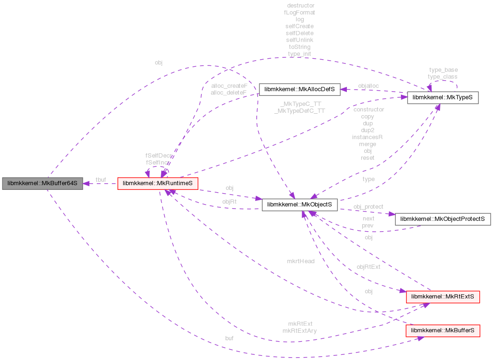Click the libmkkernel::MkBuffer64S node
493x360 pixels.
(42, 183)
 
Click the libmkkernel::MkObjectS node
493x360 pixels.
(300, 205)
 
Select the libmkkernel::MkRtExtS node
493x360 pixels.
(442, 297)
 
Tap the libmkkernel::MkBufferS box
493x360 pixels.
(442, 331)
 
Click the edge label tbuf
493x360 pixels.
(101, 179)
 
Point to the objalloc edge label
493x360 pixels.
(368, 86)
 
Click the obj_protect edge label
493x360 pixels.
(368, 206)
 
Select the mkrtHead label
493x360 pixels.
(301, 261)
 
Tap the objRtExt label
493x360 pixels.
(368, 266)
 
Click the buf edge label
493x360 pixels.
(229, 338)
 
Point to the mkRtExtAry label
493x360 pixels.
(299, 330)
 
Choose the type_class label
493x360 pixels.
(442, 77)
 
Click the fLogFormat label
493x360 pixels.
(299, 13)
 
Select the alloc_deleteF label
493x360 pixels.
(229, 93)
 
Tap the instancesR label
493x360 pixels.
(368, 137)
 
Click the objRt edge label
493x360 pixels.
(229, 202)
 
